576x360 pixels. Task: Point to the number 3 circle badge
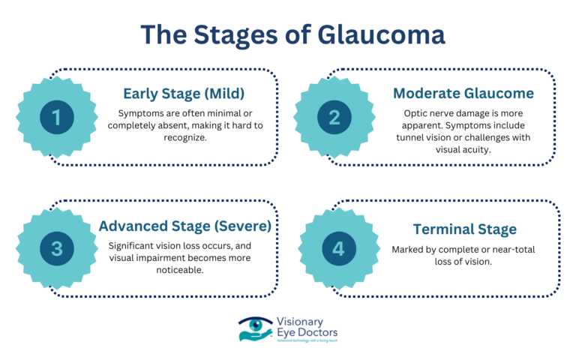click(x=57, y=249)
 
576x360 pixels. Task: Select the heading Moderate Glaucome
click(x=464, y=94)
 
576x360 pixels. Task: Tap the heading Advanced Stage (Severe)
click(x=186, y=226)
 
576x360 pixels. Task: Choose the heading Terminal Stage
click(x=464, y=229)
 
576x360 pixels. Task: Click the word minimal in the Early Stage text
click(x=222, y=112)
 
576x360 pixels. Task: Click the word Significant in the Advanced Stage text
click(x=134, y=245)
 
